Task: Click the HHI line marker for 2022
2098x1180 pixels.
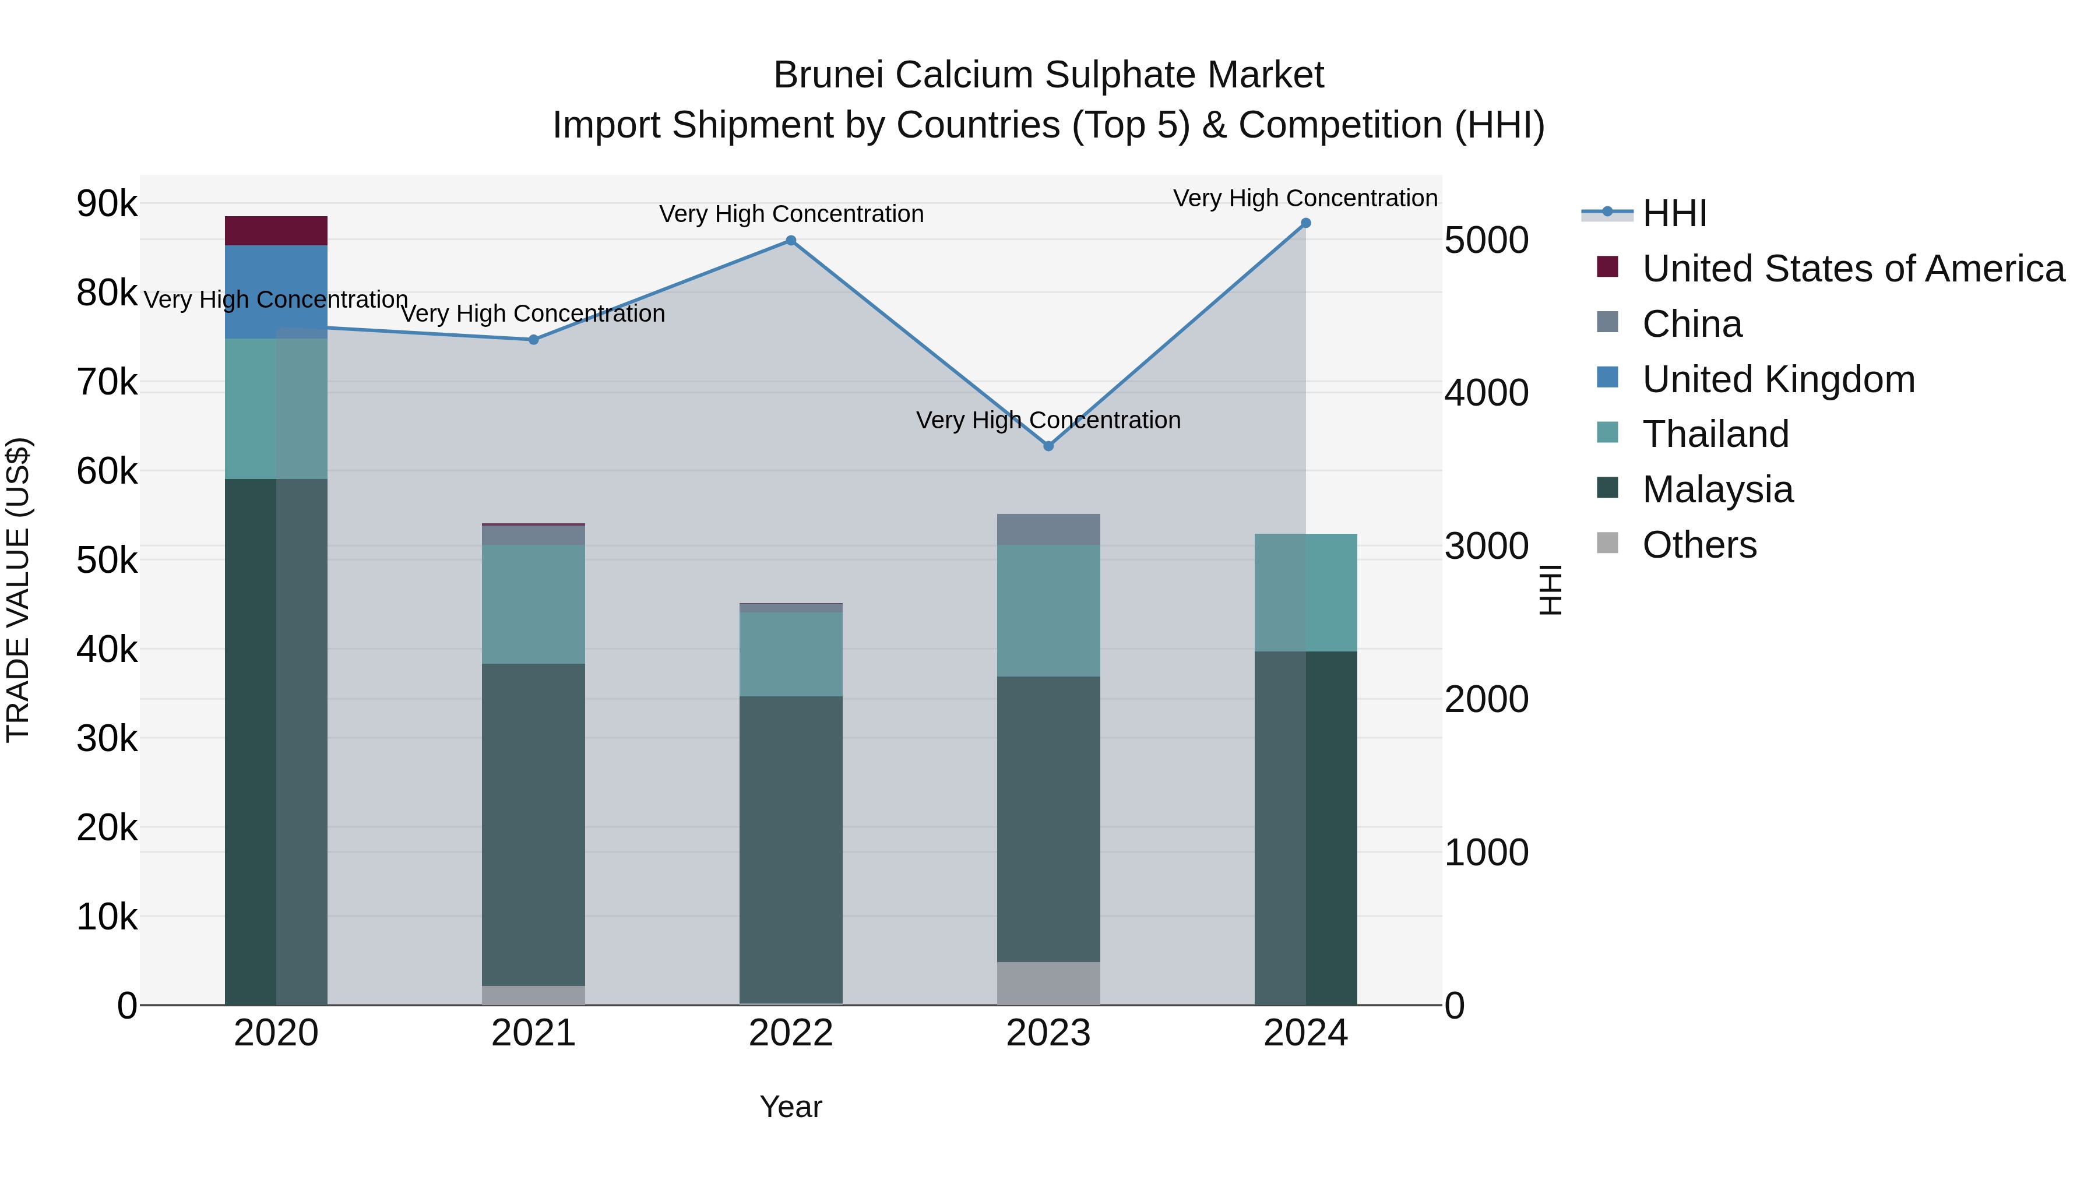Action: coord(790,240)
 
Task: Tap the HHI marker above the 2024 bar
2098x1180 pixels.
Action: coord(1305,223)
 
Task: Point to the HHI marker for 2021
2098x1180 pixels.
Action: coord(533,340)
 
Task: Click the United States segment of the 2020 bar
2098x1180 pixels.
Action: coord(276,230)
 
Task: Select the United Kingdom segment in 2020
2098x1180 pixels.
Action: coord(276,291)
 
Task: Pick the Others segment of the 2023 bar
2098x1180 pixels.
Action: coord(1048,983)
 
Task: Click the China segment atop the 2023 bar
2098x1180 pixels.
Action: coord(1048,529)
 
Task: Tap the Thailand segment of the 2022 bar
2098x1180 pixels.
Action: coord(790,654)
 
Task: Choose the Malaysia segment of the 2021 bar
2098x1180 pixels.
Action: coord(533,824)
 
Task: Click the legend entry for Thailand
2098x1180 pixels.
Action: coord(1715,434)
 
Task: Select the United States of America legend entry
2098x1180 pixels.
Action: coord(1853,269)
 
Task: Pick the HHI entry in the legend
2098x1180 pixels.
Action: coord(1674,213)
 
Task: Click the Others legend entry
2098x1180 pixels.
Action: coord(1699,545)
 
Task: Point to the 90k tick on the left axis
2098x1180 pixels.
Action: coord(107,203)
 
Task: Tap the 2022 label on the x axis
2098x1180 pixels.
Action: coord(790,1033)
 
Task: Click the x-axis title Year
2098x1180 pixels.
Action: coord(790,1107)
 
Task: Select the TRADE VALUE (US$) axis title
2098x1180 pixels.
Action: coord(18,590)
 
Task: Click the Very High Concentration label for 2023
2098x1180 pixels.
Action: coord(1048,420)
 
